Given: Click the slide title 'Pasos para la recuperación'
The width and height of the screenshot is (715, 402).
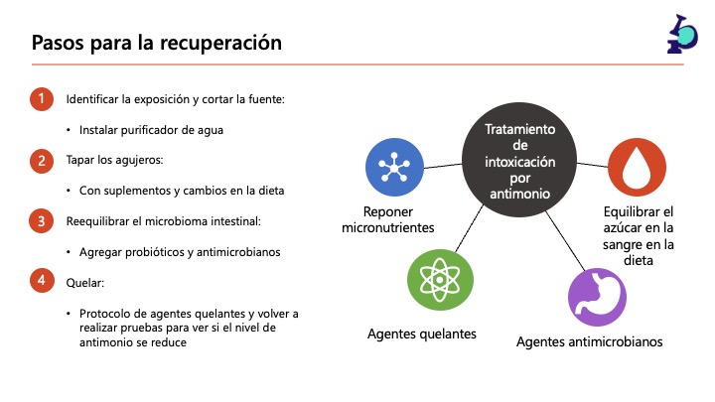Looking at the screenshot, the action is click(x=156, y=43).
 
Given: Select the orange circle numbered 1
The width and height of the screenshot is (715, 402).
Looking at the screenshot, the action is click(x=41, y=99).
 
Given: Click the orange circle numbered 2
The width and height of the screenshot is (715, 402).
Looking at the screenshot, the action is click(x=41, y=160).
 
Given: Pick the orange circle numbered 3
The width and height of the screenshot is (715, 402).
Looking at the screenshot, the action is click(x=41, y=221).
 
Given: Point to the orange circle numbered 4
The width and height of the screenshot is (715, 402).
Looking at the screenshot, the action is click(x=41, y=282).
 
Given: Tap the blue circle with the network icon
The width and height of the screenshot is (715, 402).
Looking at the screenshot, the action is click(x=395, y=166).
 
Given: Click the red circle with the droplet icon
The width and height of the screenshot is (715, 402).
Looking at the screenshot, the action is click(x=637, y=166).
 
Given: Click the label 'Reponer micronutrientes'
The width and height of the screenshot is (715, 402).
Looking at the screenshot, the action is click(x=387, y=219).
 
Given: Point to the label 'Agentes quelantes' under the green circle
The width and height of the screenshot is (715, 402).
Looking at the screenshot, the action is click(x=422, y=334).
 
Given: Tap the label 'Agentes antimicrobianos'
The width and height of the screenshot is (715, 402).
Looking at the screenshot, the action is click(x=589, y=342).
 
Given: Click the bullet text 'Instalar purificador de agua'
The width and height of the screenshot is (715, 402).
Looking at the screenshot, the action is click(x=151, y=130).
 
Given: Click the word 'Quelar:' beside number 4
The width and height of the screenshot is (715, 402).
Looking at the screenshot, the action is click(x=85, y=282).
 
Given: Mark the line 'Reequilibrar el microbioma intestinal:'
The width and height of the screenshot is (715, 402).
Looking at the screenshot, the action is click(x=162, y=221).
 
